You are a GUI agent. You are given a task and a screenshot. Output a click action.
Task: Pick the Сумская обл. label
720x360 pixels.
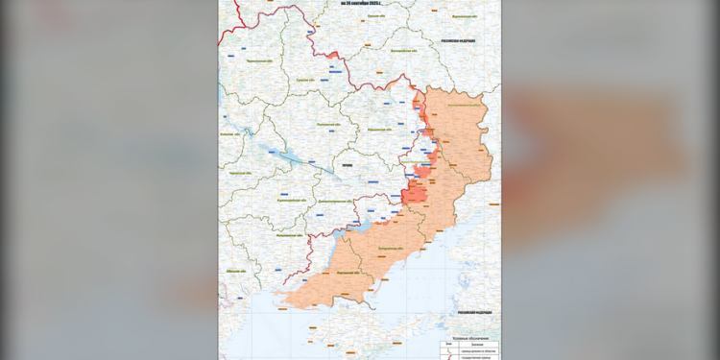306,81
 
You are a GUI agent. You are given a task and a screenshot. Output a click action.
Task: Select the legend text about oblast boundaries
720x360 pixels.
477,351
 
